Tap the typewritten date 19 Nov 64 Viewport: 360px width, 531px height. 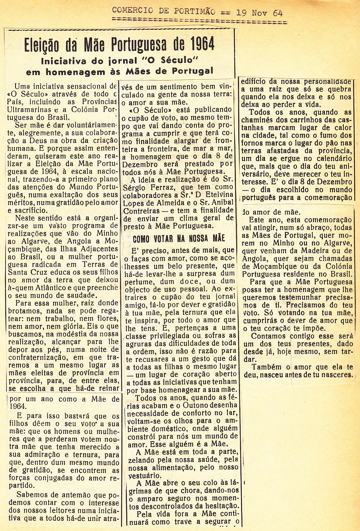(x=259, y=13)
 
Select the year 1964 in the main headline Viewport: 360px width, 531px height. (x=202, y=44)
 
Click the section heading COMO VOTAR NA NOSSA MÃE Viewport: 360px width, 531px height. (x=179, y=238)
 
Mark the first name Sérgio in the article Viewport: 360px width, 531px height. (x=135, y=187)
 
